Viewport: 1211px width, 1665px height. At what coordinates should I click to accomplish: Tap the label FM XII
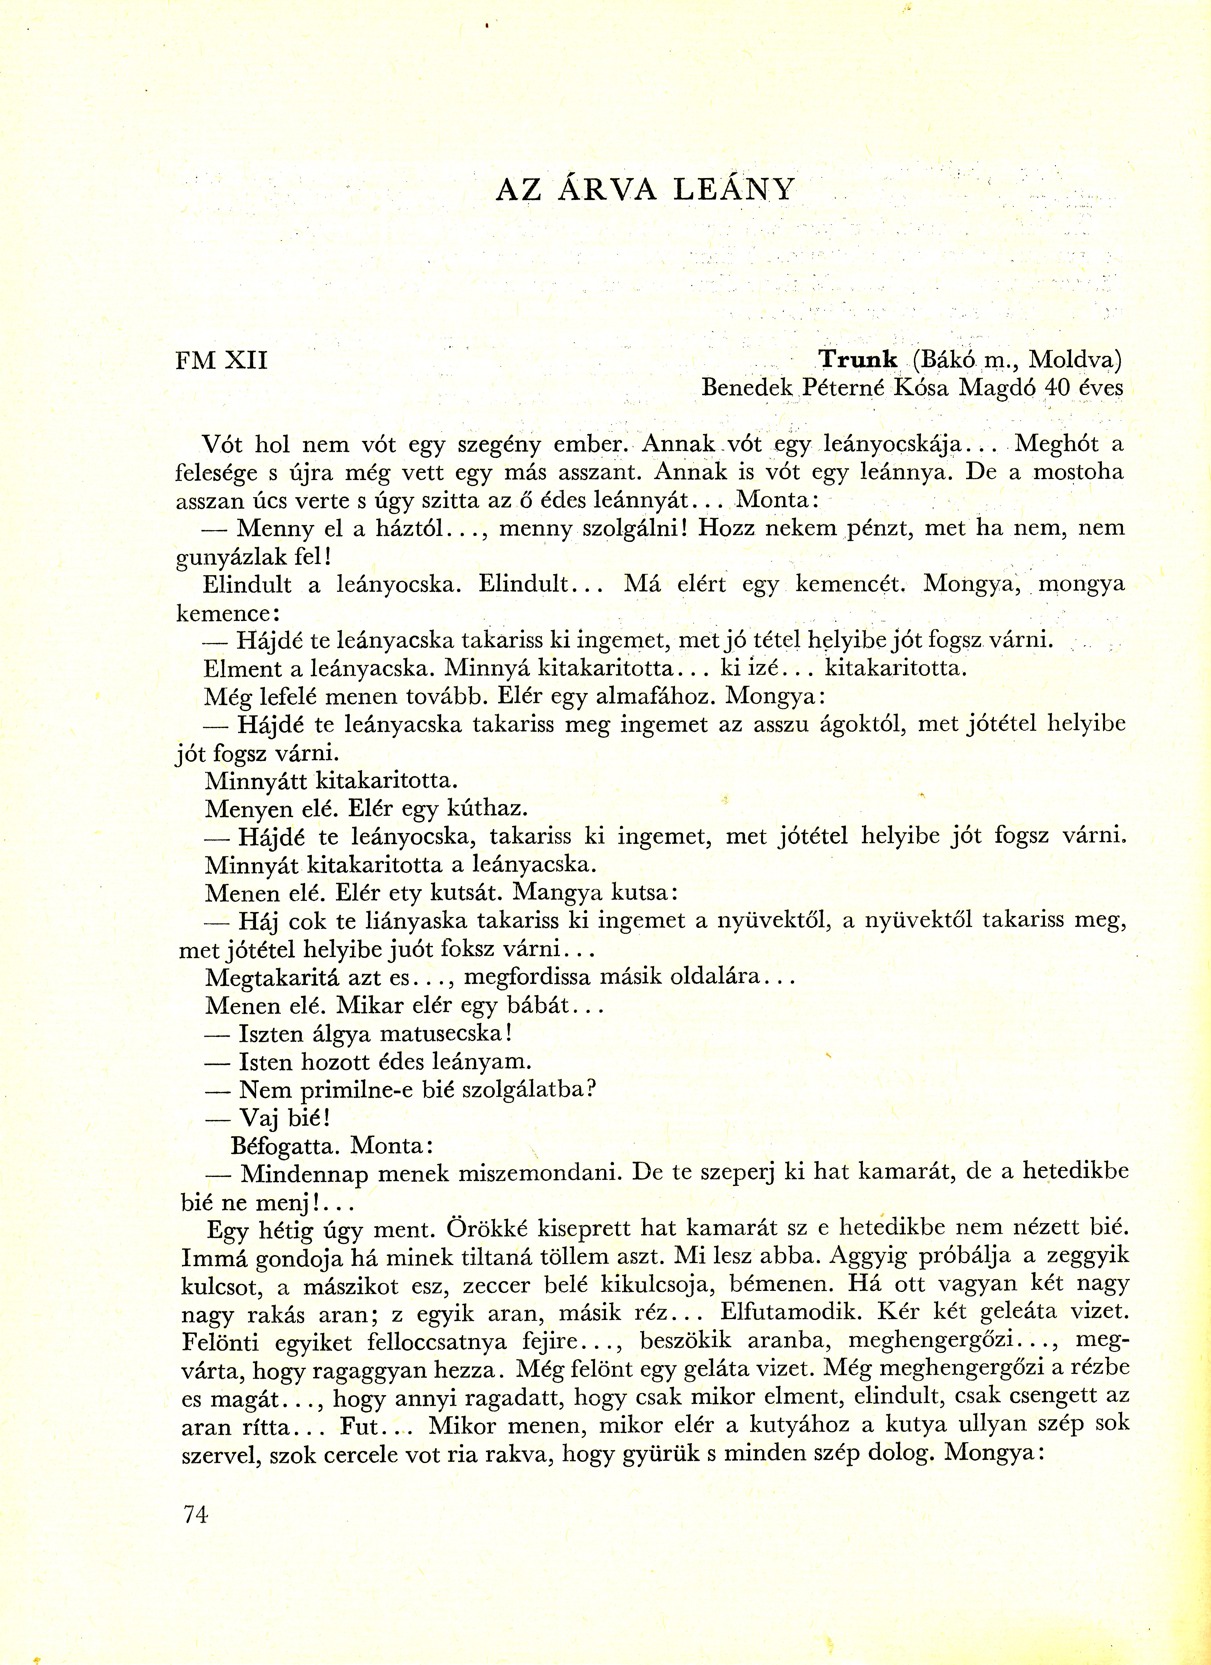[x=222, y=361]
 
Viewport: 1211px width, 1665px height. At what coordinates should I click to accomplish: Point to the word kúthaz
[x=486, y=809]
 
